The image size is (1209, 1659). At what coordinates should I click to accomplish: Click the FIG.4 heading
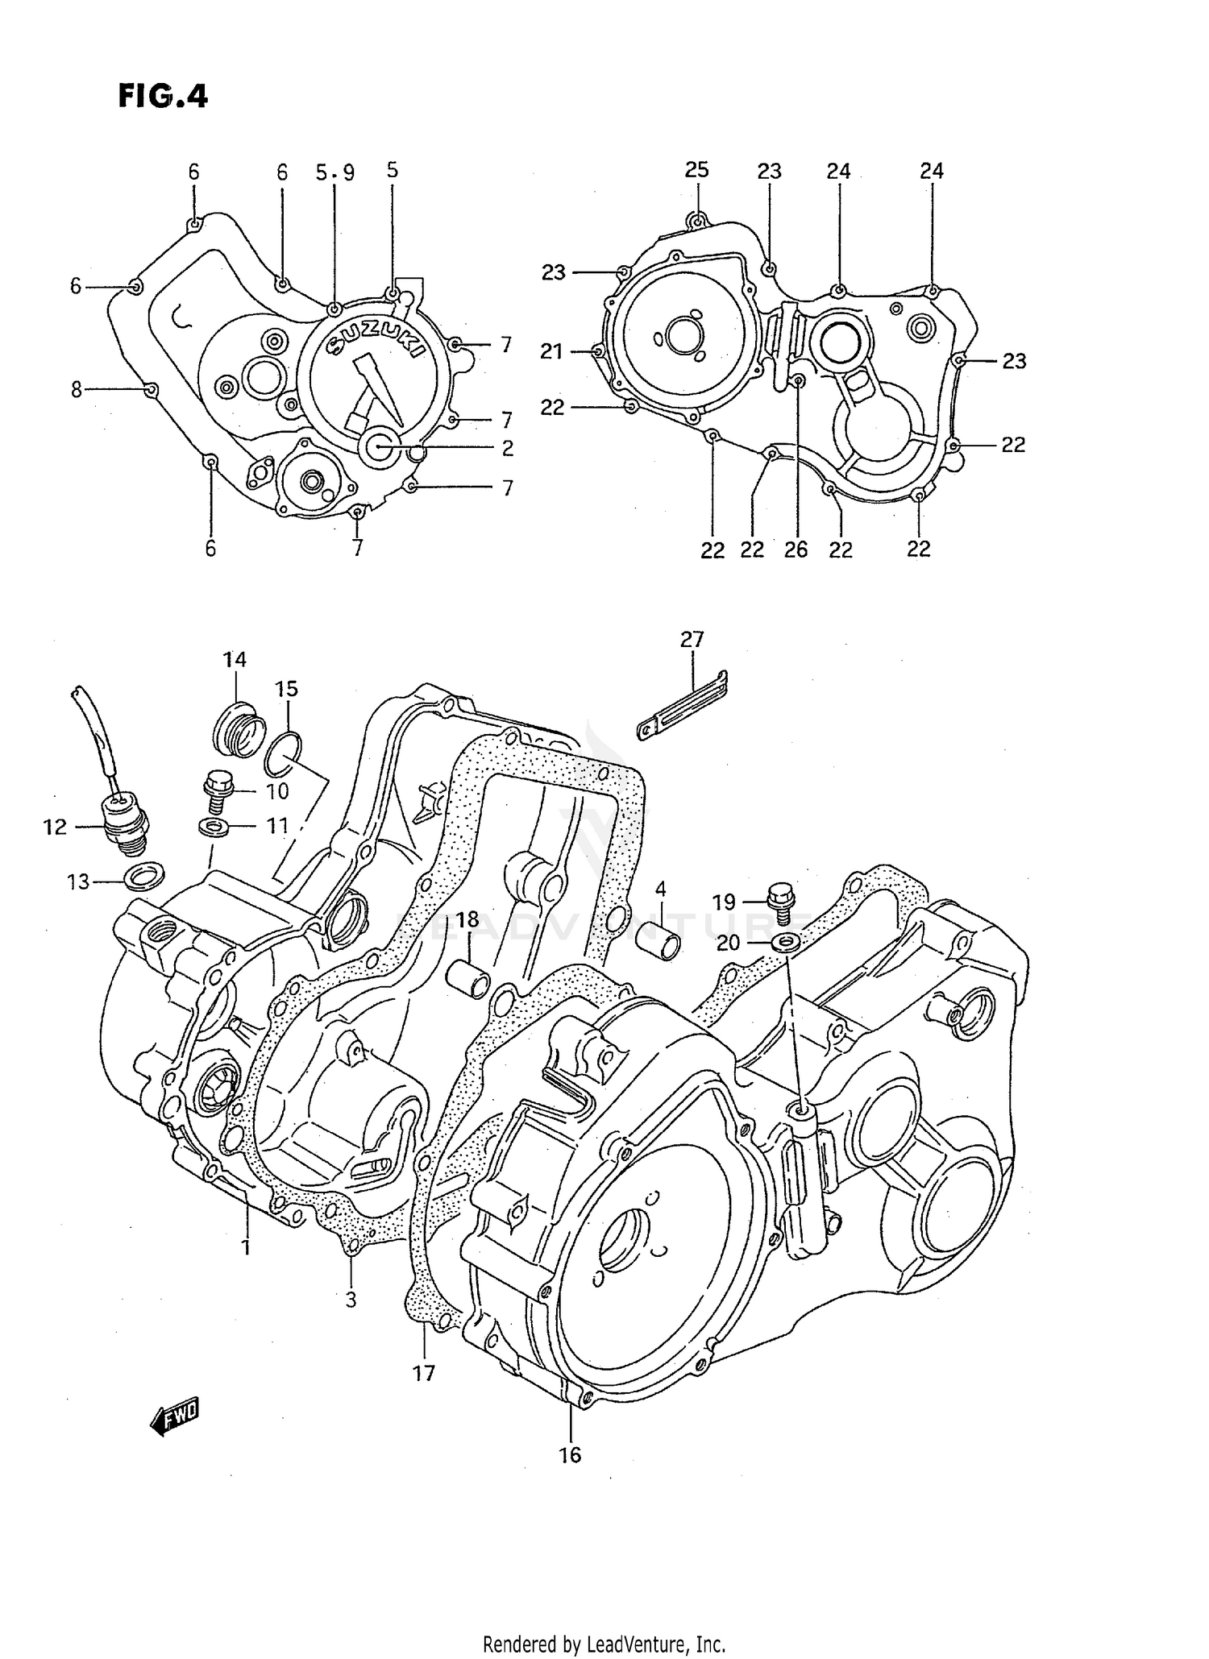click(x=163, y=96)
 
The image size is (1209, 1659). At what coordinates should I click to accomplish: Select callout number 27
click(x=692, y=640)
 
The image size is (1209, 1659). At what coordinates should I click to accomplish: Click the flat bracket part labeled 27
click(x=683, y=706)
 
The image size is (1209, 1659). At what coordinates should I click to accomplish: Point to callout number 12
click(x=55, y=827)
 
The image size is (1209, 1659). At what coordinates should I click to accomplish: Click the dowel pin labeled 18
click(x=469, y=976)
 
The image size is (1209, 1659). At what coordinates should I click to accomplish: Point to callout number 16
click(x=569, y=1477)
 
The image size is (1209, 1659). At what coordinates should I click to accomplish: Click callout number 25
click(x=696, y=170)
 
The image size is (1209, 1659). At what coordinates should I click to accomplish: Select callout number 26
click(x=796, y=550)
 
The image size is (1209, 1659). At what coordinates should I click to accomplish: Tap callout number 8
click(x=77, y=390)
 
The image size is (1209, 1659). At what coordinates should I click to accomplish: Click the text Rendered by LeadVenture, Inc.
click(x=604, y=1644)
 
